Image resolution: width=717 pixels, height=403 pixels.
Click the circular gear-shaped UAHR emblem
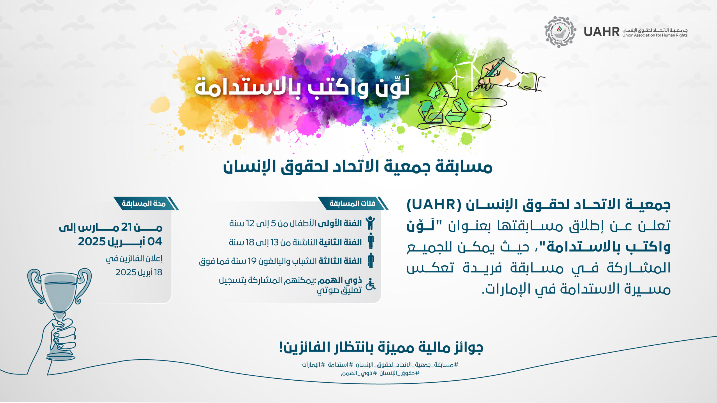click(x=560, y=32)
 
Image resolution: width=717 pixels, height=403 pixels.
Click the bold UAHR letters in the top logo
click(x=602, y=32)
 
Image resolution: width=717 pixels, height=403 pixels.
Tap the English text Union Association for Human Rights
click(x=655, y=35)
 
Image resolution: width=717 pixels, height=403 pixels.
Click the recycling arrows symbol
click(x=443, y=104)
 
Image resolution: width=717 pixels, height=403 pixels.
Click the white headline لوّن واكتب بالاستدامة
click(x=302, y=87)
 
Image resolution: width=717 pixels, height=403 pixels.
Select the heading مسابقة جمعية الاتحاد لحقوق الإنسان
click(x=358, y=167)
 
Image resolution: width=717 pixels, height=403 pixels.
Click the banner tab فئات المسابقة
click(x=352, y=203)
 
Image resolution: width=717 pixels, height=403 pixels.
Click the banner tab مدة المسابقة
click(x=144, y=203)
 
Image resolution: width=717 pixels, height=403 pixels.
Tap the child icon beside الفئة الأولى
click(x=371, y=223)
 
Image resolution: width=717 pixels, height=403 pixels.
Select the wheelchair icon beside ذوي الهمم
click(x=371, y=284)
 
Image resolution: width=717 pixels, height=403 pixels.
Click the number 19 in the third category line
click(x=252, y=261)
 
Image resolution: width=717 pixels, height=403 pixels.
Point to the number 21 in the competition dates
click(x=127, y=227)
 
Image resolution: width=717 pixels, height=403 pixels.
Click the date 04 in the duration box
click(x=155, y=242)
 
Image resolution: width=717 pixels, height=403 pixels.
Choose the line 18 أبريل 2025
click(x=139, y=272)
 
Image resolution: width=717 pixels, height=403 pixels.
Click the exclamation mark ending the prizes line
click(x=281, y=348)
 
